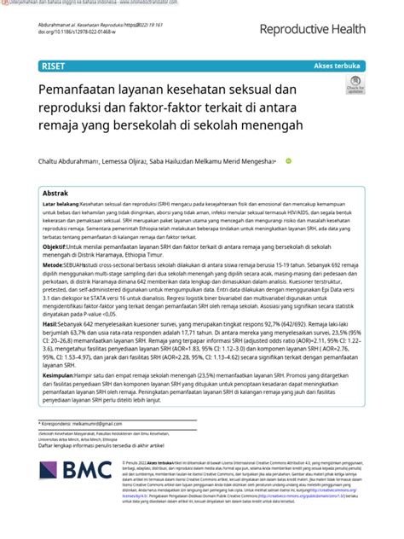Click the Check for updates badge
pyautogui.click(x=355, y=87)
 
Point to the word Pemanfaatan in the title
pyautogui.click(x=80, y=89)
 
